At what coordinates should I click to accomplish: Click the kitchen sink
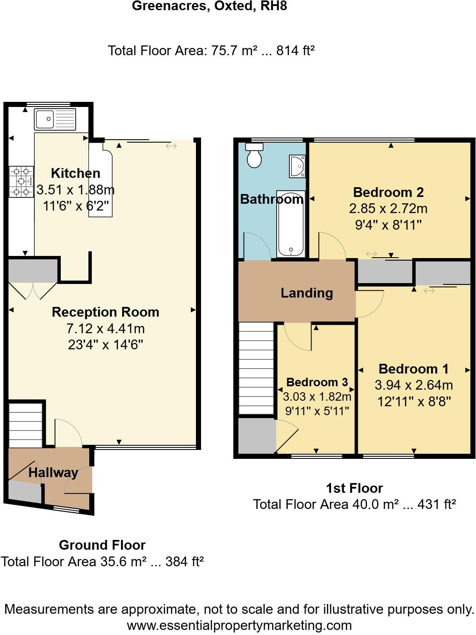pos(55,119)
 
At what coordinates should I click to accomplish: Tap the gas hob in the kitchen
pos(21,182)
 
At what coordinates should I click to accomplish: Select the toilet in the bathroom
pos(255,155)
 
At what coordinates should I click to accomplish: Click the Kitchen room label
pos(75,173)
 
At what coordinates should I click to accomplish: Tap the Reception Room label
pos(105,312)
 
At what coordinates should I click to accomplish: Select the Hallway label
pos(53,472)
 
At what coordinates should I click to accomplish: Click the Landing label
pos(306,293)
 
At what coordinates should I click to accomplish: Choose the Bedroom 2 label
pos(388,192)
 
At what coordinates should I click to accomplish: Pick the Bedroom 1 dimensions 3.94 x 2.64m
pos(414,385)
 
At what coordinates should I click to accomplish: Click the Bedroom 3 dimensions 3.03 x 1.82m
pos(317,397)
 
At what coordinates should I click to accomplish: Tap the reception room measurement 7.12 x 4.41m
pos(105,329)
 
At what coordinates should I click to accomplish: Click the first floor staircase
pos(256,368)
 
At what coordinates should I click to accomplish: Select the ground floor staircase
pos(26,424)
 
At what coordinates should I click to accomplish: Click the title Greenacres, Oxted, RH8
pos(209,6)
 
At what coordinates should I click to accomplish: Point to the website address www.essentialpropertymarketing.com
pos(239,625)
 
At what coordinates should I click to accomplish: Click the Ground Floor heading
pos(102,545)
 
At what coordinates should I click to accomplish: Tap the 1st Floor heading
pos(354,488)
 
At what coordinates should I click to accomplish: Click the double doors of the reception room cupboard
pos(33,291)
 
